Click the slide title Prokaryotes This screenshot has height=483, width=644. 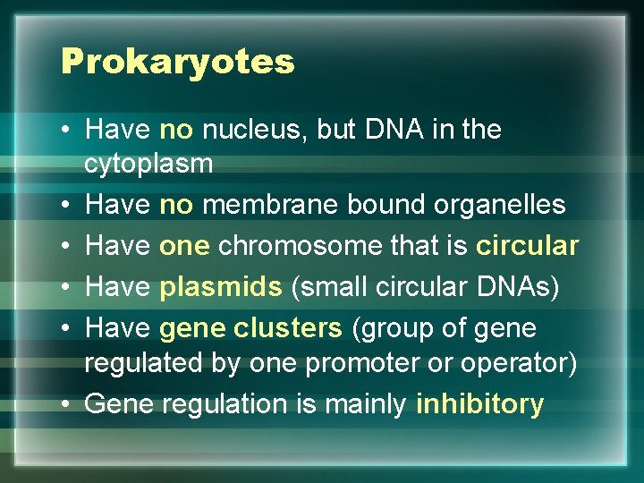(177, 62)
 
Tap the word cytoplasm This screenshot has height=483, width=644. (148, 164)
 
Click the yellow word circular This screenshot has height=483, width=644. (528, 245)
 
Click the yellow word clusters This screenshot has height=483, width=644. (287, 328)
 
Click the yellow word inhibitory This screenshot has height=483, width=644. (479, 404)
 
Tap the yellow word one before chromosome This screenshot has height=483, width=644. (184, 245)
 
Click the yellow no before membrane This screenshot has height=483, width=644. (176, 205)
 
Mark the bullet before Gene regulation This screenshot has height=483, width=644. (68, 404)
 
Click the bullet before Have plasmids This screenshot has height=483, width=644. (68, 287)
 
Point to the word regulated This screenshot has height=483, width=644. (141, 364)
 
